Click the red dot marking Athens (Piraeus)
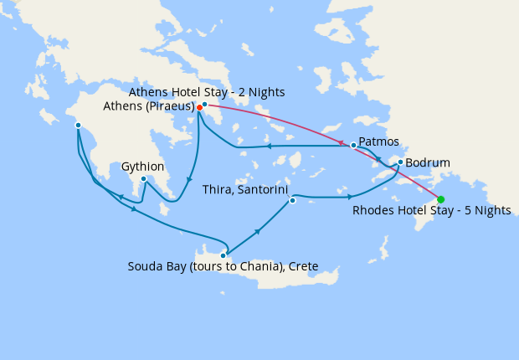pyautogui.click(x=199, y=107)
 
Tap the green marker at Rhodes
pyautogui.click(x=440, y=199)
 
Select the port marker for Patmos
pyautogui.click(x=353, y=146)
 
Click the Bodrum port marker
pyautogui.click(x=401, y=162)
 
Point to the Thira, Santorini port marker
pyautogui.click(x=292, y=200)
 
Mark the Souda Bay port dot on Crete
pyautogui.click(x=224, y=255)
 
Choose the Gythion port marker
pyautogui.click(x=144, y=178)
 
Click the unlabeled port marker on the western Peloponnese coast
pyautogui.click(x=78, y=126)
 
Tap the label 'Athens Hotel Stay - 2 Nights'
pyautogui.click(x=208, y=91)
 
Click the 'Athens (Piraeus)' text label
pyautogui.click(x=148, y=107)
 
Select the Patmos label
pyautogui.click(x=378, y=141)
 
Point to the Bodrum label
pyautogui.click(x=428, y=162)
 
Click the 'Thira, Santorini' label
pyautogui.click(x=246, y=190)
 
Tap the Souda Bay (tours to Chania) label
pyautogui.click(x=223, y=267)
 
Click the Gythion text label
pyautogui.click(x=143, y=167)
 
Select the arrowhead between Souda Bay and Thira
pyautogui.click(x=257, y=229)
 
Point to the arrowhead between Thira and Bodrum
pyautogui.click(x=349, y=198)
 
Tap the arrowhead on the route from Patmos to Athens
pyautogui.click(x=270, y=147)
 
